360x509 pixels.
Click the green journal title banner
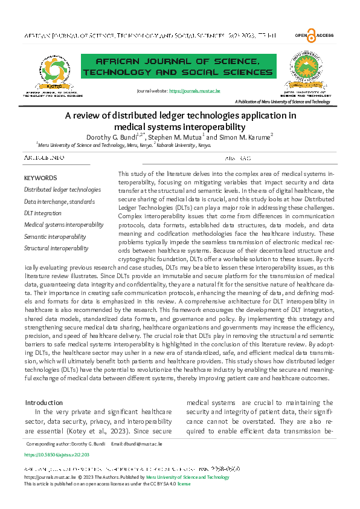coord(172,67)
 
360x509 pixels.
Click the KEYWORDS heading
coord(40,178)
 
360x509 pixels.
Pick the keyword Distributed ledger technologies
coord(62,189)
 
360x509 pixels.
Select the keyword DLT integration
coord(43,213)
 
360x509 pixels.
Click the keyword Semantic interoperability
coord(55,236)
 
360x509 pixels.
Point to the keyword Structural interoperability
coord(56,248)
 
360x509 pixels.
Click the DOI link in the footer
coord(57,453)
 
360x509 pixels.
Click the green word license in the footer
coord(184,484)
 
